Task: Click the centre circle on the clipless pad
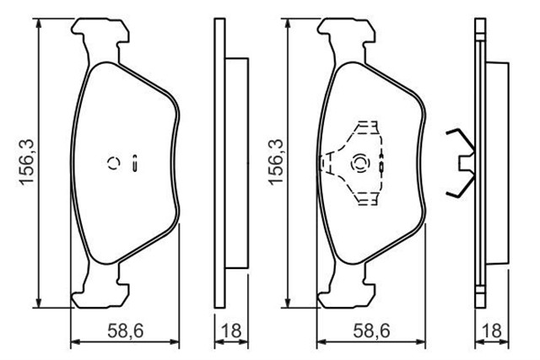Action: (x=113, y=164)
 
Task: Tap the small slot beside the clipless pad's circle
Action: (x=135, y=164)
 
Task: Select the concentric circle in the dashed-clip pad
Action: (x=359, y=163)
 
